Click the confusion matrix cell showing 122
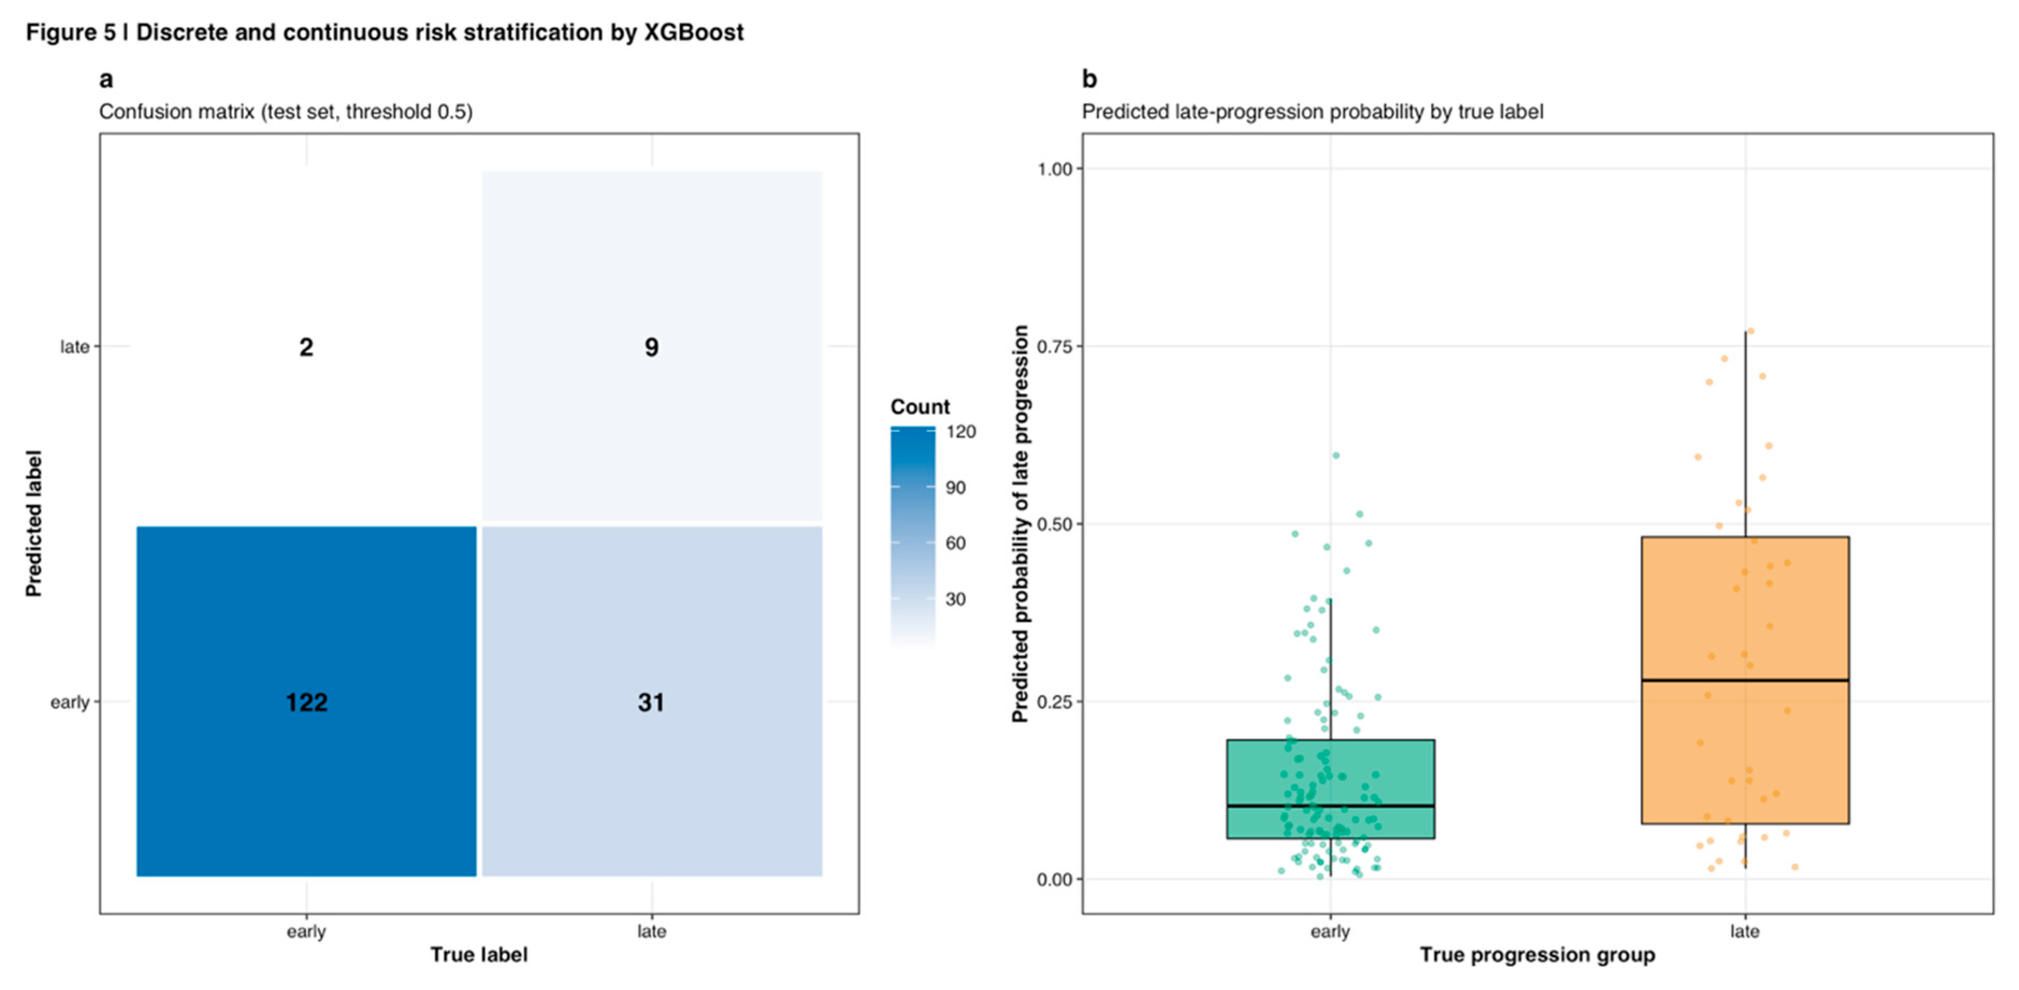[x=307, y=702]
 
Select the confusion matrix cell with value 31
[x=652, y=702]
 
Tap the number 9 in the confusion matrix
[x=652, y=347]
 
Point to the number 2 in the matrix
[x=307, y=347]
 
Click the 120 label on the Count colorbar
[x=960, y=432]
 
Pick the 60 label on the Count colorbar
[x=956, y=543]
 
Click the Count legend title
[x=920, y=406]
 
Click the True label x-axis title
[x=479, y=954]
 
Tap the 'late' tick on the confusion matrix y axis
[x=75, y=347]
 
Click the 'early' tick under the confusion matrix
[x=307, y=931]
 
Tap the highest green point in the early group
[x=1336, y=455]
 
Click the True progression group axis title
[x=1537, y=954]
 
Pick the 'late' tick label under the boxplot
[x=1745, y=931]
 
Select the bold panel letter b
[x=1089, y=79]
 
